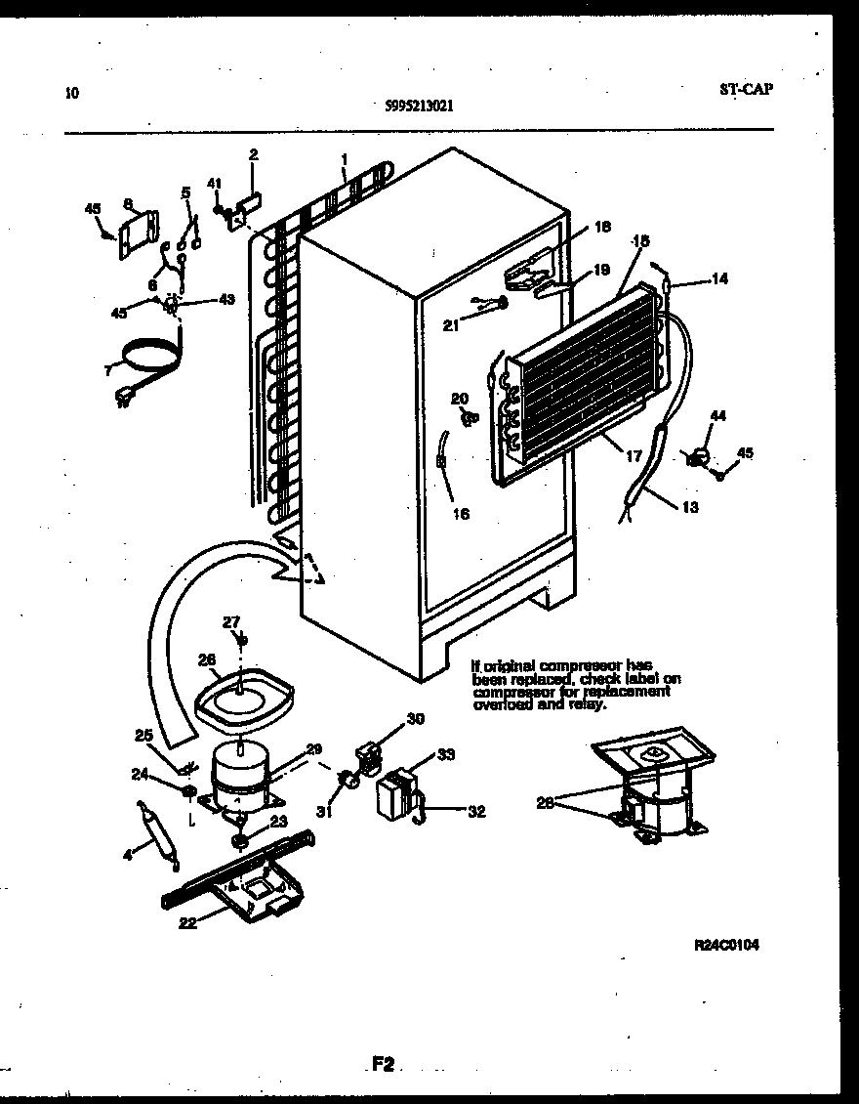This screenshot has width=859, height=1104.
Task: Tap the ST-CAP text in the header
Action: pos(747,89)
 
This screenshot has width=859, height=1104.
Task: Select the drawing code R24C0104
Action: pos(726,945)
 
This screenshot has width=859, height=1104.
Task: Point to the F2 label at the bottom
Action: pos(382,1065)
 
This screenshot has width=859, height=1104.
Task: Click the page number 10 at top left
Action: pos(71,94)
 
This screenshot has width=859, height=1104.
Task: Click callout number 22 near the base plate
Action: pos(188,921)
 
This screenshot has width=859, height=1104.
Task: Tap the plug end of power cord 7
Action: pos(124,396)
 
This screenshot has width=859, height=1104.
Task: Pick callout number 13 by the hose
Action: pos(690,506)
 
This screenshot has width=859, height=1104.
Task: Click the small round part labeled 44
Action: pos(699,454)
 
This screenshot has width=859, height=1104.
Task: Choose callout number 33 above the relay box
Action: pos(446,753)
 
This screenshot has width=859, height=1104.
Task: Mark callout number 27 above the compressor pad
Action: pos(230,621)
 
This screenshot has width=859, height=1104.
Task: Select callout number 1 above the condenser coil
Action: pos(344,158)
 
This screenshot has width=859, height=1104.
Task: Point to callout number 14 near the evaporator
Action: pos(718,278)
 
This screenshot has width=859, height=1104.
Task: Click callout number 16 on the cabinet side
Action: pos(461,513)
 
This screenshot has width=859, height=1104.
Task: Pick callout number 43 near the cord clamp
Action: pos(226,299)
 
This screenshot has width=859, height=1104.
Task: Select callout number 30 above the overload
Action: pos(416,719)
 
